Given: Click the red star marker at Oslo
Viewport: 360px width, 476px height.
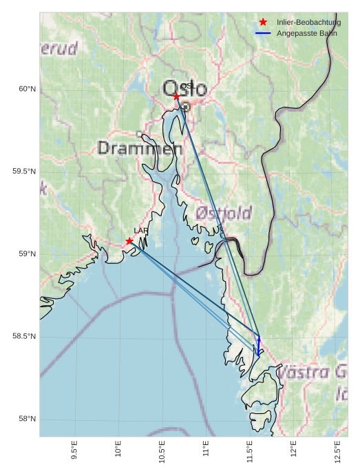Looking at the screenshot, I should point(176,96).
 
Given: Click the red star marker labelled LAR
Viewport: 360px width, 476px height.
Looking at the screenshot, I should point(129,241).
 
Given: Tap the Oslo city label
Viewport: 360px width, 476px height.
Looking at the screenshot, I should point(184,88).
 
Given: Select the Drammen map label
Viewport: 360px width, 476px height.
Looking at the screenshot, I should point(140,148).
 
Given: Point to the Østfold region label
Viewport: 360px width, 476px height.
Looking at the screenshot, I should point(224,213).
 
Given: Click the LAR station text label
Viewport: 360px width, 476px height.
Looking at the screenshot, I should point(141,231).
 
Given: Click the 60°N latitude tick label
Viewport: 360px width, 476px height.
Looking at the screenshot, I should point(27,89).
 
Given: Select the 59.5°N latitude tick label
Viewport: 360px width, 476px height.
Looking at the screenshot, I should point(24,172).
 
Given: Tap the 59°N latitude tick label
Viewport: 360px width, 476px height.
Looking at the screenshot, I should point(27,254).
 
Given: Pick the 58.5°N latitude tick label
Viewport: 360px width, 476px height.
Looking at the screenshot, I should point(24,337).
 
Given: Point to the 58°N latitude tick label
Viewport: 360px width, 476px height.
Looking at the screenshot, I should point(27,420).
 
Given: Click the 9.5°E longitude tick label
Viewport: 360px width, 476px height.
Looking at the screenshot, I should point(74,449).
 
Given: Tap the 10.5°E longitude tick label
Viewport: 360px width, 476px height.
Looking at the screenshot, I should point(162,449).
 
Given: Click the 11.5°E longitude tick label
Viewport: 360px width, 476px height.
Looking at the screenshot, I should point(251,449).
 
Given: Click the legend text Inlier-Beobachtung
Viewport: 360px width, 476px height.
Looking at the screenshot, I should point(308,23).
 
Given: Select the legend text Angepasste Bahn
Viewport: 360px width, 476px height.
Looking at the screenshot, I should point(306,33).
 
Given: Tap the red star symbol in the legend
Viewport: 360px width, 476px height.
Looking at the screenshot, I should point(263,22).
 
